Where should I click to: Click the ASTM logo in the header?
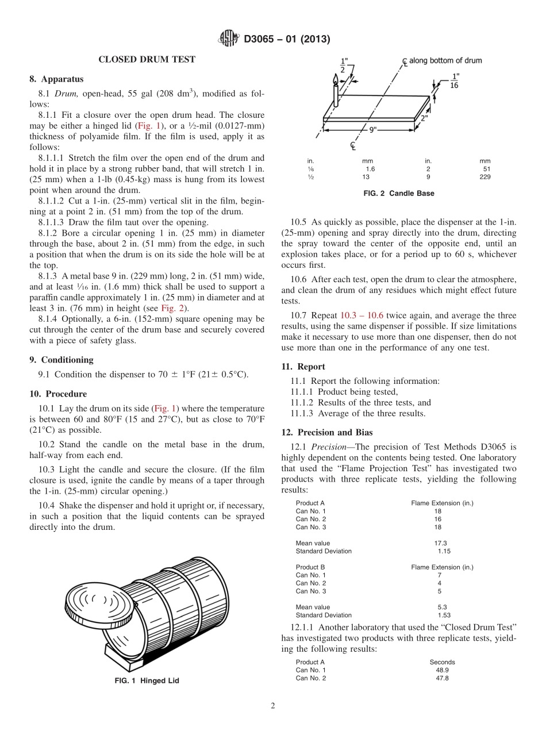tap(230, 39)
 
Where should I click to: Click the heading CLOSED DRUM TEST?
tap(147, 59)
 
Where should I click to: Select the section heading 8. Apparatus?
tap(56, 79)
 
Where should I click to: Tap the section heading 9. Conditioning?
tap(61, 360)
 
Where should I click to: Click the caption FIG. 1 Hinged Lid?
tap(147, 680)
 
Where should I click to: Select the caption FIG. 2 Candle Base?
tap(399, 193)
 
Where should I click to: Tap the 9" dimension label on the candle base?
tap(372, 129)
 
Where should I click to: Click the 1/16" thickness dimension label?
tap(455, 80)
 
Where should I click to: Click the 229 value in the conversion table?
tap(485, 177)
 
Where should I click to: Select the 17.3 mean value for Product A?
tap(440, 543)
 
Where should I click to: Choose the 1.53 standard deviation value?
tap(444, 615)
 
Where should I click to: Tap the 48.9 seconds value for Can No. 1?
tap(442, 670)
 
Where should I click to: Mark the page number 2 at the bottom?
tap(273, 706)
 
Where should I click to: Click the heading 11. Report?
tap(303, 367)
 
